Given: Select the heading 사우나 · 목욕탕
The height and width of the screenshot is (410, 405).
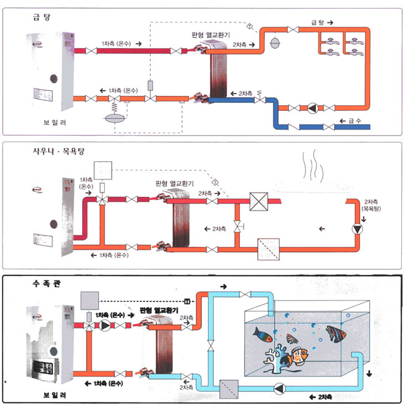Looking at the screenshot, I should [x=54, y=151].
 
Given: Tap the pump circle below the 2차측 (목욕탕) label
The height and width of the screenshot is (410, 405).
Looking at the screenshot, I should [x=357, y=229].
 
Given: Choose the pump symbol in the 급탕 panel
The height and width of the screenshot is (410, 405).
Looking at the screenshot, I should [x=311, y=108].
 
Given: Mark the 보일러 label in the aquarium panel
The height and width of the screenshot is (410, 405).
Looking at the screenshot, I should [x=55, y=396].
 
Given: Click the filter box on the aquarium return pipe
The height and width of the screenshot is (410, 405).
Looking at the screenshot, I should [x=229, y=389].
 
